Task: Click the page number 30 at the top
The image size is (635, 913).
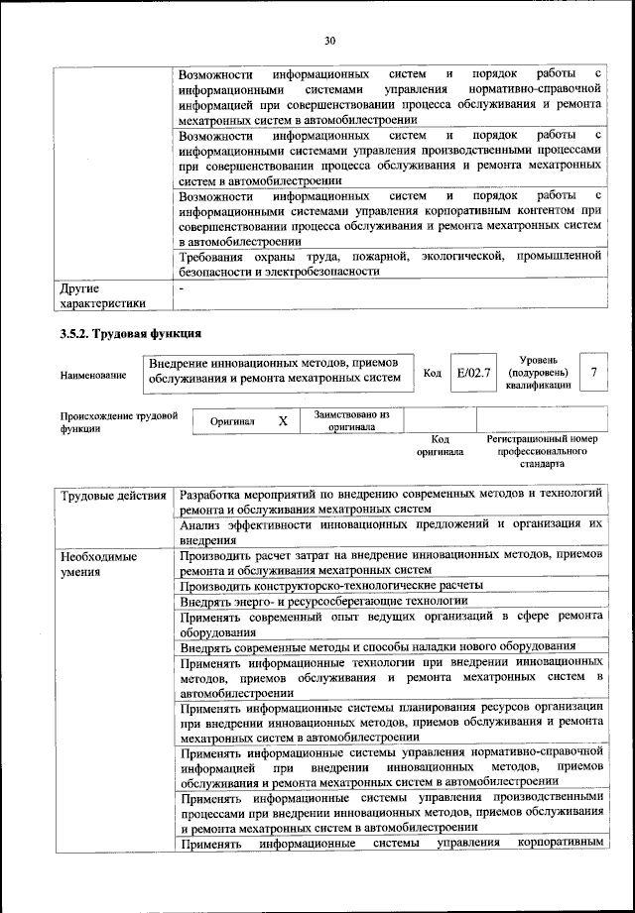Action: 330,41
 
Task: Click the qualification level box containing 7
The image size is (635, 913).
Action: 592,373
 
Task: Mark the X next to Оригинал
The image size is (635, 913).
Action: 283,421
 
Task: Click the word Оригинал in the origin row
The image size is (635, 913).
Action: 232,421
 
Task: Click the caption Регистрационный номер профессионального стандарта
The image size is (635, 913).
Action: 541,450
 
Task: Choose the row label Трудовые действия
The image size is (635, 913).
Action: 112,494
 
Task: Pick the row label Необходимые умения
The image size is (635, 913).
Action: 99,564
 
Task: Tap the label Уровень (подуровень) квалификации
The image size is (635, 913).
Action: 538,372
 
